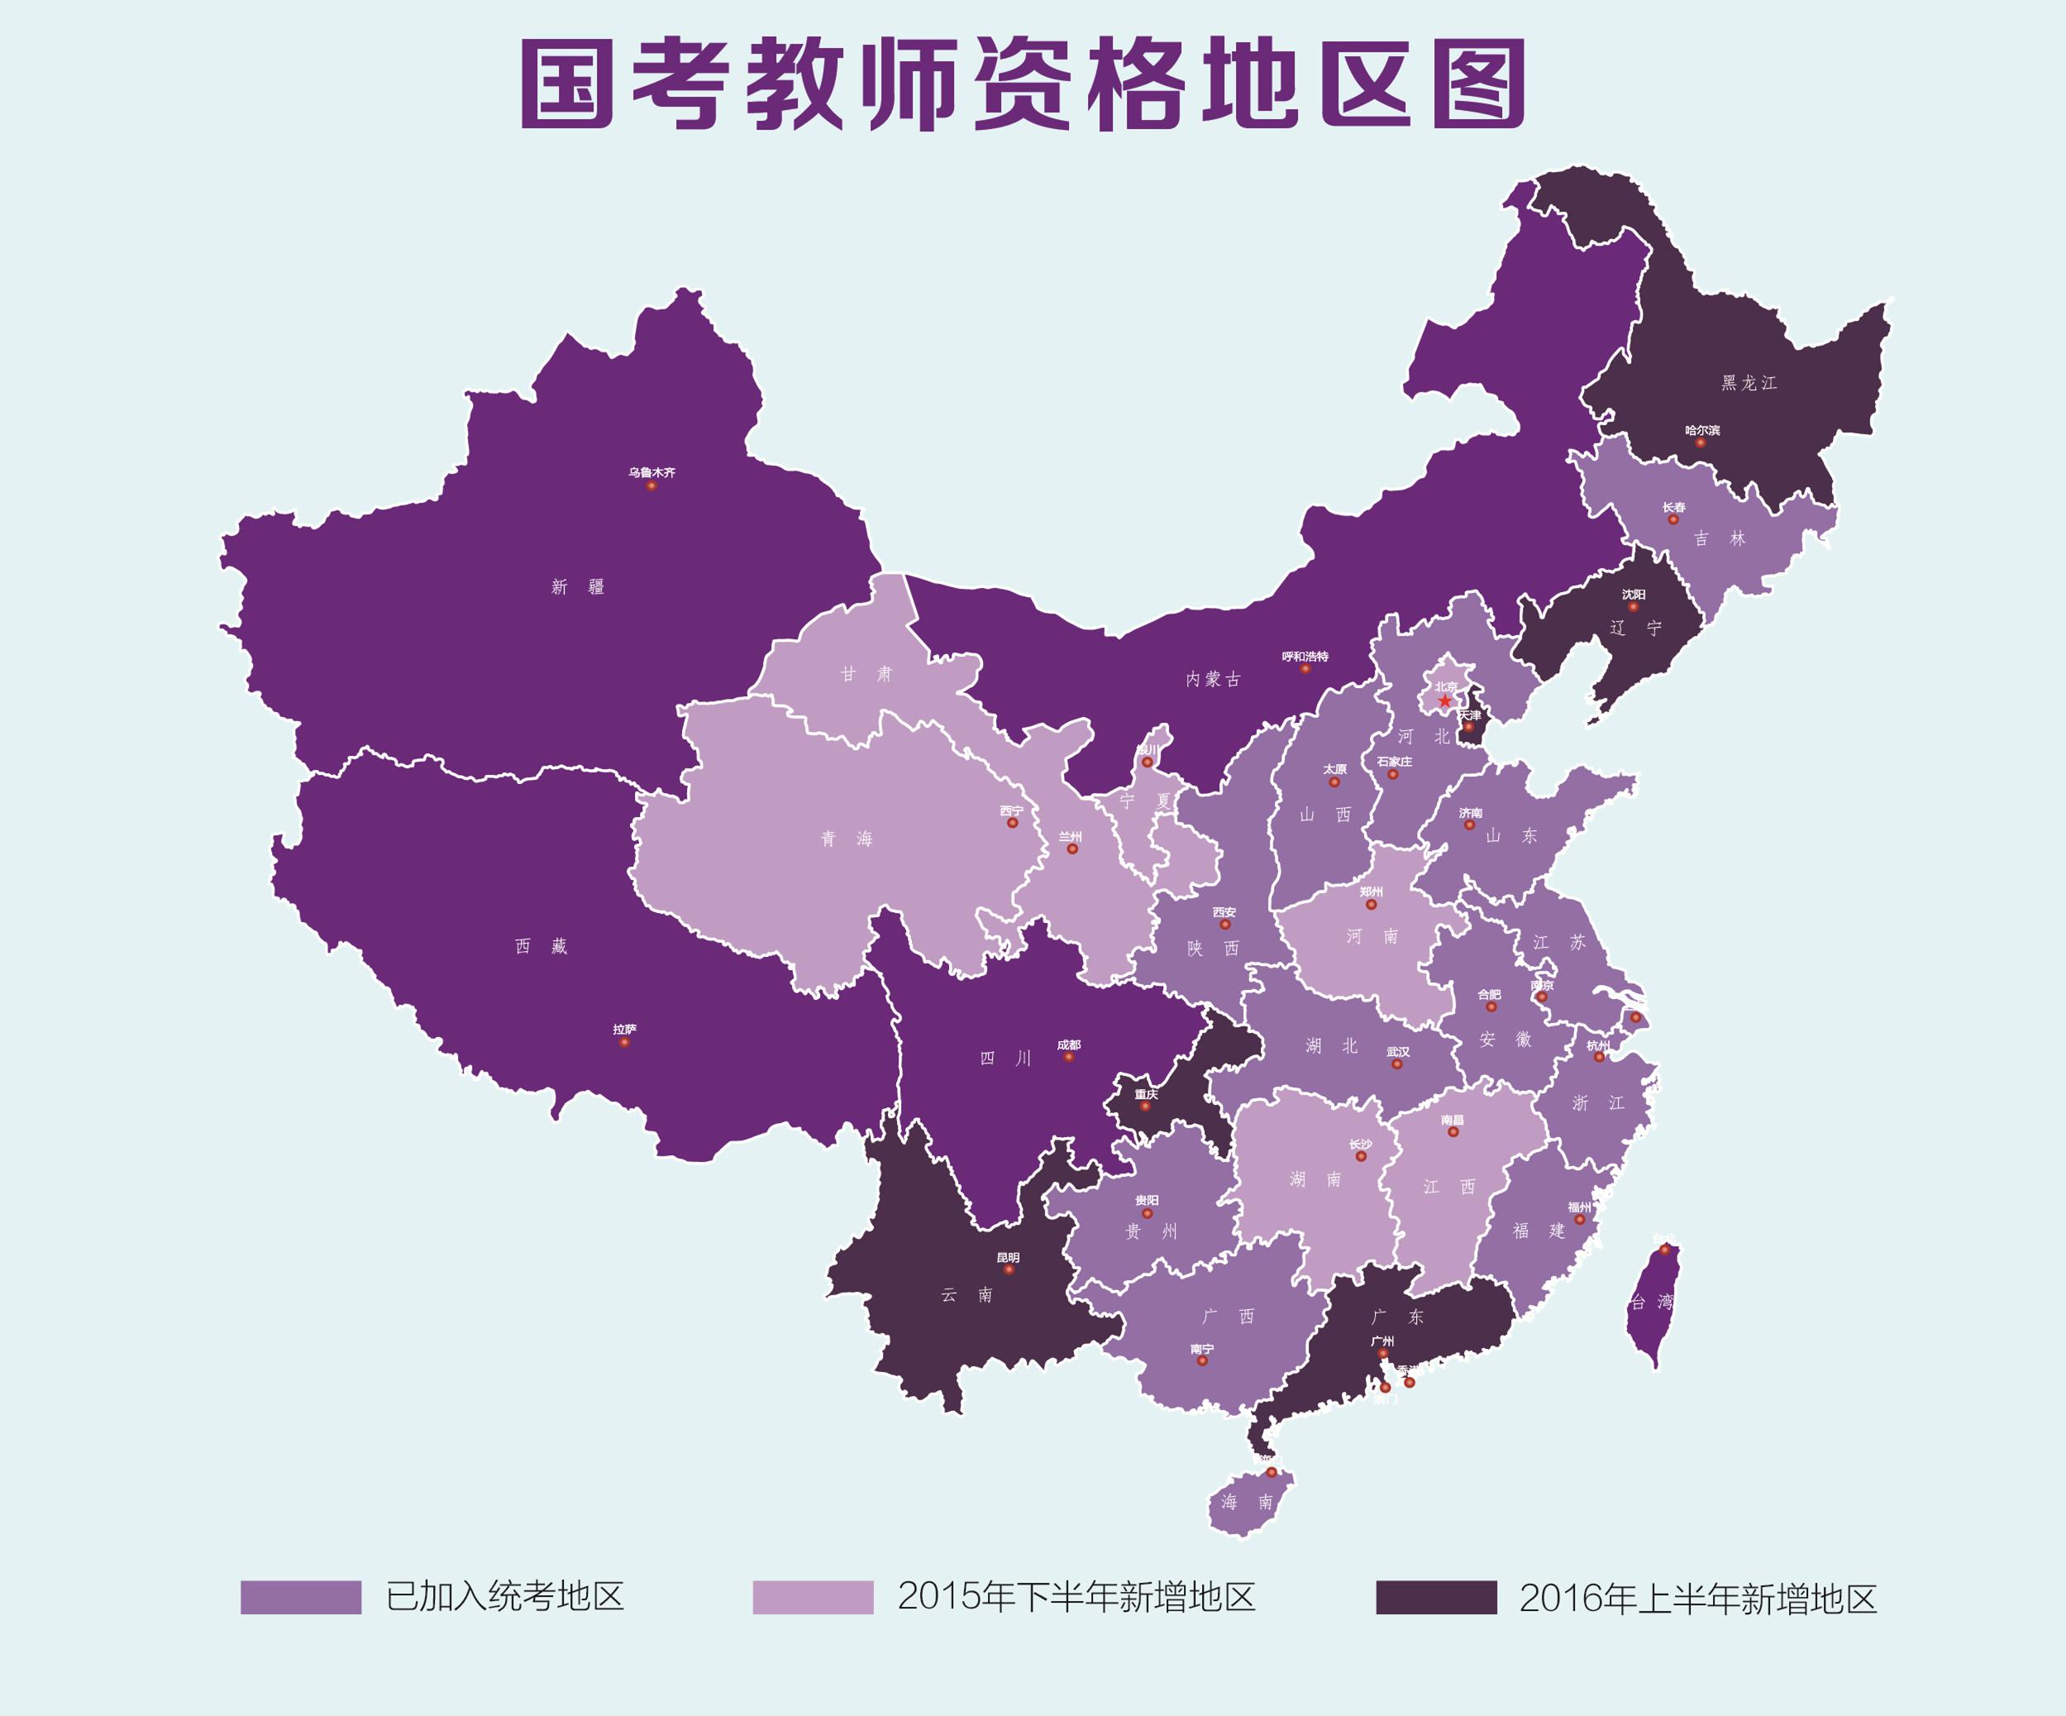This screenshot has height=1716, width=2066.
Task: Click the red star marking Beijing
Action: (x=1444, y=700)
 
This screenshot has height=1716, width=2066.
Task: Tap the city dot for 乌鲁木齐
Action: (x=651, y=485)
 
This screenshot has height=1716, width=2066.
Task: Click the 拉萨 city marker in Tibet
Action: (x=623, y=1042)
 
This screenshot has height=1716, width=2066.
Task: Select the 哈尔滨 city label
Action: (x=1702, y=430)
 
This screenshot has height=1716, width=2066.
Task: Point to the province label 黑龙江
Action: (x=1749, y=383)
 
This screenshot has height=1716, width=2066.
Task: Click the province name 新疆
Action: (x=578, y=587)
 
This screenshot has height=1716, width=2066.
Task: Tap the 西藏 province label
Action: (x=541, y=947)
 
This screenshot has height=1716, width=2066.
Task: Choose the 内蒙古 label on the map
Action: (x=1213, y=679)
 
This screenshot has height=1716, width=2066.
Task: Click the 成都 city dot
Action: (x=1068, y=1057)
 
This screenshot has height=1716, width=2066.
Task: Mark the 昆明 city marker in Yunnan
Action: (x=1009, y=1269)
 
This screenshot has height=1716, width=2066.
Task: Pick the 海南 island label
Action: (x=1248, y=1503)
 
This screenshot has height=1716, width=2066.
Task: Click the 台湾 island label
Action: (x=1651, y=1302)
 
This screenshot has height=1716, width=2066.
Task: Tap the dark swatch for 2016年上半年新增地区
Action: (x=1436, y=1597)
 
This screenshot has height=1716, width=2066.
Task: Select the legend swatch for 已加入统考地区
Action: (x=301, y=1597)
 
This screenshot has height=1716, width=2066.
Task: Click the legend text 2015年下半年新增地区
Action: (x=1076, y=1596)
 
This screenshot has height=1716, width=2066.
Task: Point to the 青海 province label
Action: (x=847, y=839)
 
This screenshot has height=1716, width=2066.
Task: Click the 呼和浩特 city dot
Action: (x=1305, y=669)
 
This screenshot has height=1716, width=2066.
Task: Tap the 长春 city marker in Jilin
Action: (x=1673, y=519)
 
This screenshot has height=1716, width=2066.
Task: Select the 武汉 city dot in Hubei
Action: (x=1397, y=1064)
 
